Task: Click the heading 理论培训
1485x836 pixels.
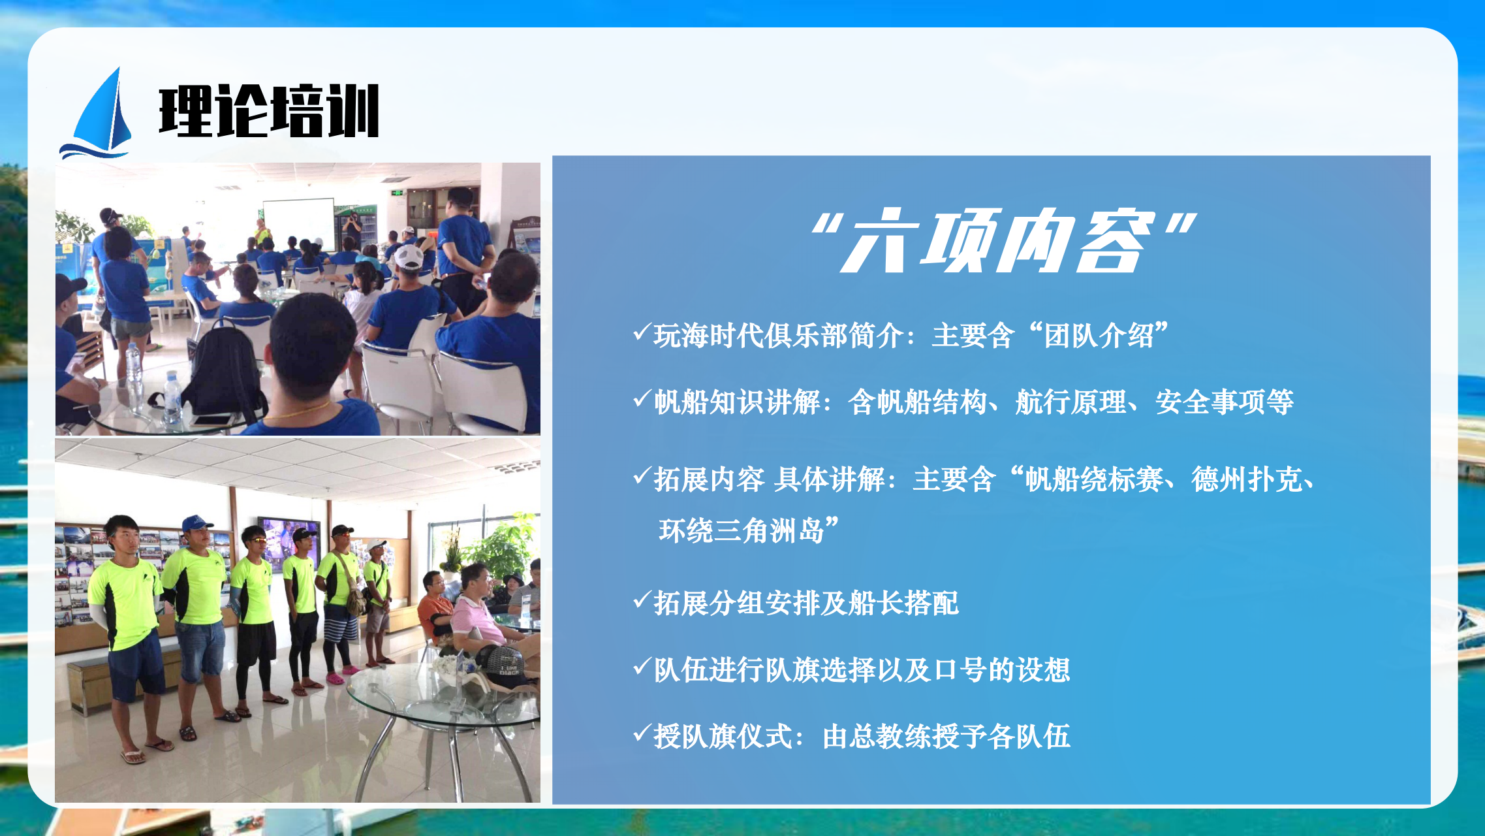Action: pyautogui.click(x=269, y=111)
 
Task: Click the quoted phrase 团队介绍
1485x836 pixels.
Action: pyautogui.click(x=1099, y=336)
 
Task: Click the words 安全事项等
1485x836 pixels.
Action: pyautogui.click(x=1225, y=402)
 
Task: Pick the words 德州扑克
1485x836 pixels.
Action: pyautogui.click(x=1247, y=479)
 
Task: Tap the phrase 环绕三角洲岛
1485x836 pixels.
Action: pyautogui.click(x=742, y=530)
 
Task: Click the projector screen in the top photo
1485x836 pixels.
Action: pyautogui.click(x=299, y=223)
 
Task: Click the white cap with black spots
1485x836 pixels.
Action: pyautogui.click(x=409, y=257)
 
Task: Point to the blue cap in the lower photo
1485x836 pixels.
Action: pyautogui.click(x=196, y=522)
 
